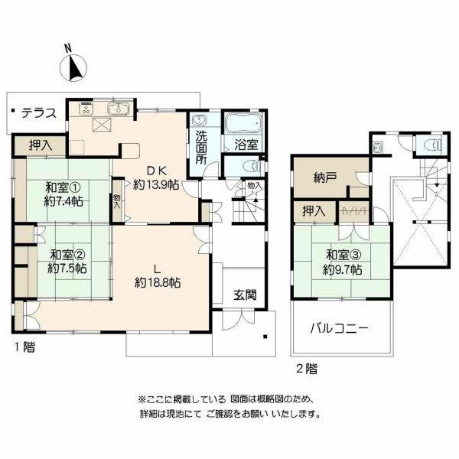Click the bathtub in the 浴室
tap(244, 122)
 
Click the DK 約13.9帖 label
tap(156, 178)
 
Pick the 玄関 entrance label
tap(245, 295)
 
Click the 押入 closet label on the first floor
tap(41, 145)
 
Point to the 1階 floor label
tap(23, 347)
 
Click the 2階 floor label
tap(306, 368)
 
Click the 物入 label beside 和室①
tap(117, 200)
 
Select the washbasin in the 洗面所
tap(198, 122)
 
